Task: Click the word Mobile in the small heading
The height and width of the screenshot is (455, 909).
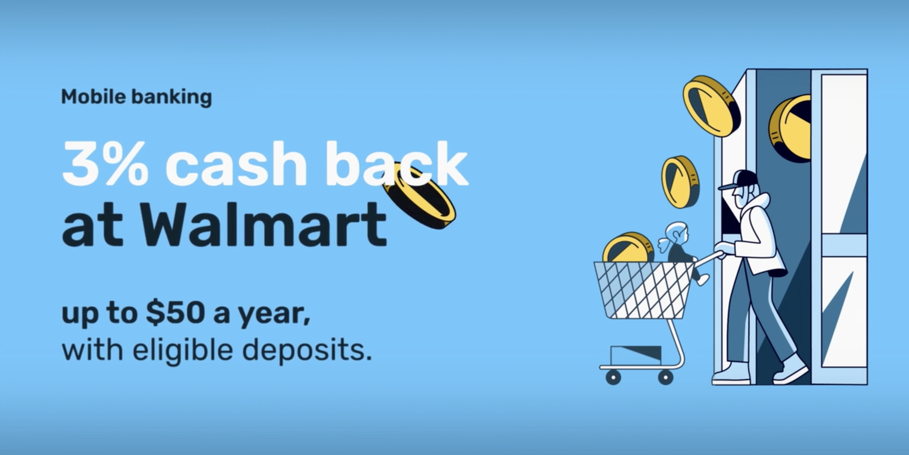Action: pyautogui.click(x=93, y=96)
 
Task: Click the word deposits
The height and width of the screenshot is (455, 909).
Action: pyautogui.click(x=309, y=350)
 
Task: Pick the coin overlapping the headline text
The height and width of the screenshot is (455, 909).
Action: pyautogui.click(x=419, y=196)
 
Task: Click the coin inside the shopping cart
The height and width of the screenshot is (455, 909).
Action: pyautogui.click(x=628, y=247)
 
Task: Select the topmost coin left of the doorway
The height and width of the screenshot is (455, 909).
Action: pyautogui.click(x=711, y=106)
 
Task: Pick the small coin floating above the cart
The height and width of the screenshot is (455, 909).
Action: pyautogui.click(x=680, y=182)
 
